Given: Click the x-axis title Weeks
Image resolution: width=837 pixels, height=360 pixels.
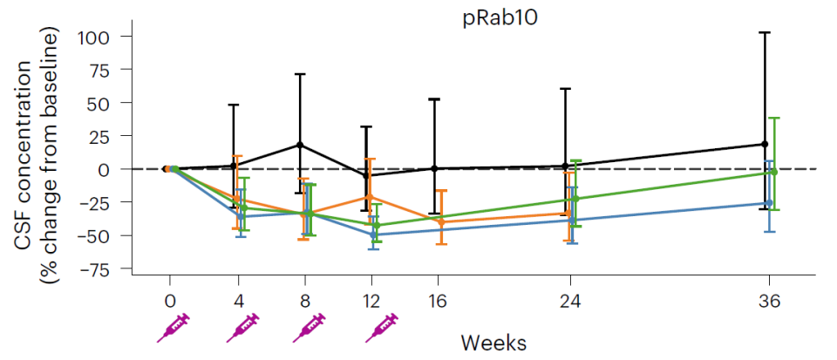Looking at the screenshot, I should point(493,341).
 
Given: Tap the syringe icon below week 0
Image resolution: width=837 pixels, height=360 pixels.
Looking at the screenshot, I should point(173,329).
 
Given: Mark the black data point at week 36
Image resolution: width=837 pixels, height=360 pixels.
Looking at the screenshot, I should point(765,144).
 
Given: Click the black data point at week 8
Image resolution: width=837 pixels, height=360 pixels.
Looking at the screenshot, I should point(300,145).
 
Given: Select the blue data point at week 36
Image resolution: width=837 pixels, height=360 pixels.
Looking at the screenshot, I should point(768,203).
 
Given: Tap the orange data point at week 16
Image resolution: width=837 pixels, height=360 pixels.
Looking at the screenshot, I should point(441,222).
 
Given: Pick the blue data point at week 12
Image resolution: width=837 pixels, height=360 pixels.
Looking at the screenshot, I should point(373,234).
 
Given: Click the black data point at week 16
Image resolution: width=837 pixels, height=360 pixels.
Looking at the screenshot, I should point(433,168).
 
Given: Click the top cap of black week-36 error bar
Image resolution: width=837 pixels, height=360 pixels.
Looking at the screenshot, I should point(765,32).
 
